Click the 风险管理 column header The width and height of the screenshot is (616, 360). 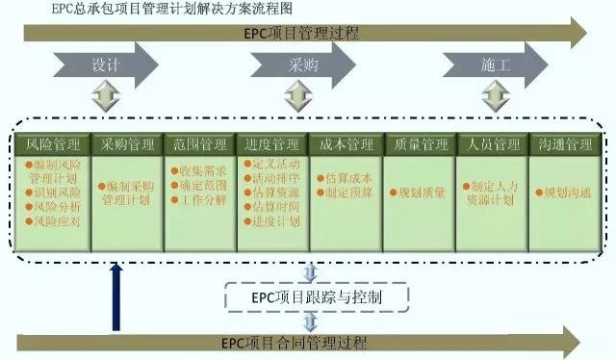(x=54, y=144)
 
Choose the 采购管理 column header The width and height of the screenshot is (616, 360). (x=127, y=144)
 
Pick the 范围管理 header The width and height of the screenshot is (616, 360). (x=200, y=144)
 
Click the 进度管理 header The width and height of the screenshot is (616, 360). (x=273, y=144)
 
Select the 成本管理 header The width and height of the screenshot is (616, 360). (x=346, y=144)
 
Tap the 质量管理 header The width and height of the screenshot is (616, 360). (x=421, y=144)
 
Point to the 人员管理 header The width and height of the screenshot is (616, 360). (x=494, y=144)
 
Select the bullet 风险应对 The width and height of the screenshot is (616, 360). (x=55, y=220)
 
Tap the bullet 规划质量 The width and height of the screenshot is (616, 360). (x=420, y=193)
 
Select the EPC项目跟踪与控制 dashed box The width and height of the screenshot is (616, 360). (x=318, y=297)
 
